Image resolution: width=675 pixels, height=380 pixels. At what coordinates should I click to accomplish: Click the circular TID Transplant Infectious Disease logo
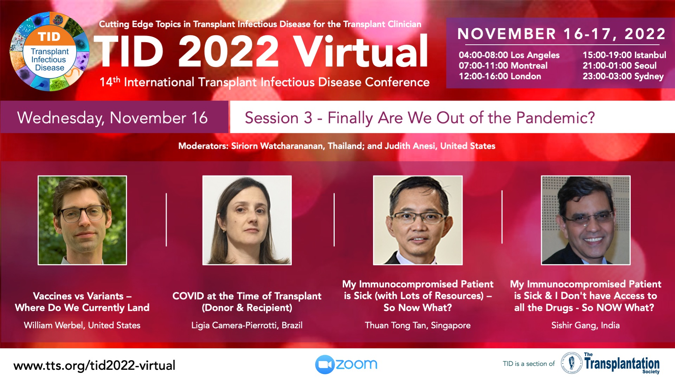[x=50, y=52]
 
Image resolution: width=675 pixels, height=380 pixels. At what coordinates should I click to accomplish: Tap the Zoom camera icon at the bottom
[x=324, y=365]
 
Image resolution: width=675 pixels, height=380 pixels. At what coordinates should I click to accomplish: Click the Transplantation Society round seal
[x=571, y=363]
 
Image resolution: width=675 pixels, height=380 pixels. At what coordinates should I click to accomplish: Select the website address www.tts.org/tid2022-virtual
[x=94, y=366]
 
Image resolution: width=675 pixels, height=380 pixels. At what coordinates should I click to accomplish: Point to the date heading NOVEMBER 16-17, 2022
[x=561, y=34]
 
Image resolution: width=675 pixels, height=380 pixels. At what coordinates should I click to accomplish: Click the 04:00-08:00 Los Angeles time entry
[x=509, y=55]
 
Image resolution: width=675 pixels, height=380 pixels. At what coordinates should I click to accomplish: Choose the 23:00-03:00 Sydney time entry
[x=623, y=76]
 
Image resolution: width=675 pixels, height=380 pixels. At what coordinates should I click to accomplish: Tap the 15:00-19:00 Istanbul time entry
[x=624, y=55]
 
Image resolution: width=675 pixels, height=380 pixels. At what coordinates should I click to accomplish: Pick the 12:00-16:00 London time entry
[x=500, y=76]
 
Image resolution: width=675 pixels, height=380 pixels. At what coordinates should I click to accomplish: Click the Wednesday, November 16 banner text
[x=112, y=118]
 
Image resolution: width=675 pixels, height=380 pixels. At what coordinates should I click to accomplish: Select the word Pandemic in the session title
[x=555, y=118]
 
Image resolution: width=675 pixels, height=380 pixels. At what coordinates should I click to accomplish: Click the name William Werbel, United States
[x=82, y=325]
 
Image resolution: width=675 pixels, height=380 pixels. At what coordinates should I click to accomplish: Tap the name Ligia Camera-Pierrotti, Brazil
[x=247, y=325]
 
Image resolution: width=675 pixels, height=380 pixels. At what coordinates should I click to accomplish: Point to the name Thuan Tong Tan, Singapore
[x=418, y=325]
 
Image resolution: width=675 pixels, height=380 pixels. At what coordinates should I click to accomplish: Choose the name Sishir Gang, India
[x=585, y=325]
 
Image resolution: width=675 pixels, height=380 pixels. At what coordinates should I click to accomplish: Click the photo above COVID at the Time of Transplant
[x=247, y=220]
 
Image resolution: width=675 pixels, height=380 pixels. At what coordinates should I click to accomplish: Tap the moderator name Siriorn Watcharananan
[x=277, y=146]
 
